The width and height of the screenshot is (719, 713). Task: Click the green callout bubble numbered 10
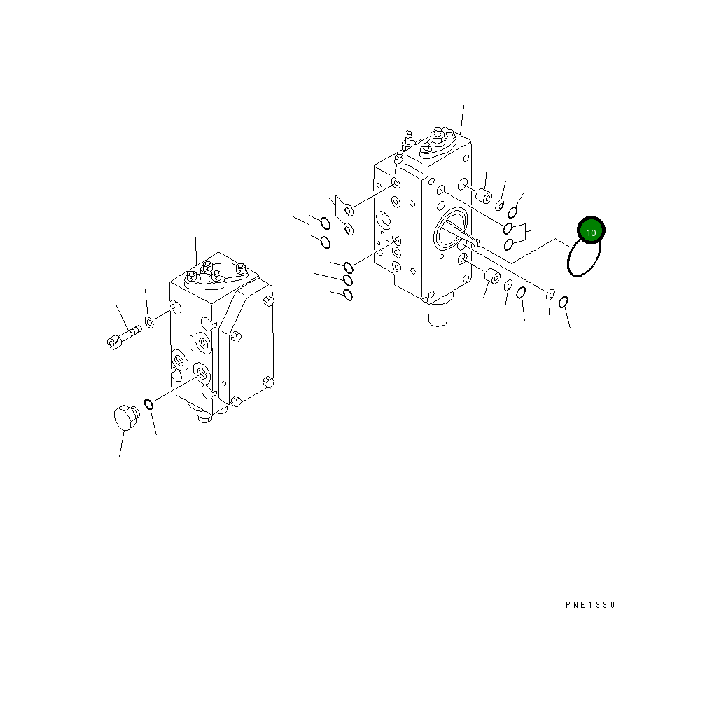[590, 231]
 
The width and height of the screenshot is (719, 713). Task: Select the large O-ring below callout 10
[583, 258]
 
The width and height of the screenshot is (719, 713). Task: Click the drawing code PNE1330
[590, 605]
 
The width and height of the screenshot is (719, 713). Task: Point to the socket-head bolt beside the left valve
[123, 336]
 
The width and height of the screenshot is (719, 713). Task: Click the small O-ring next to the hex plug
[149, 403]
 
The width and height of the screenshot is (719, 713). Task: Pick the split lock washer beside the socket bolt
[150, 322]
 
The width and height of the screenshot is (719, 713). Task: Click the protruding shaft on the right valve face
[462, 235]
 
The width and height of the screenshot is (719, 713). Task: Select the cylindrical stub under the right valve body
[438, 312]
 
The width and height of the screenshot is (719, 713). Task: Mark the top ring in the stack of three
[348, 268]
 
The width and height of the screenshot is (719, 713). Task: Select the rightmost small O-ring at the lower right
[564, 302]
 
